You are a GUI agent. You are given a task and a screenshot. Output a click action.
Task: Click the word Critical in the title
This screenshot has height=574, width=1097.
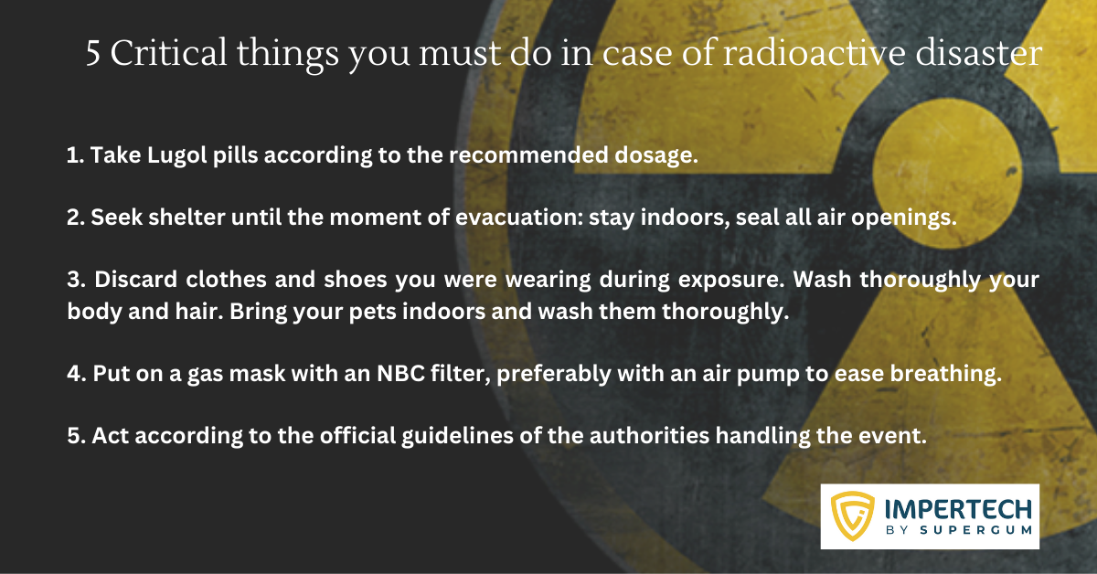click(168, 52)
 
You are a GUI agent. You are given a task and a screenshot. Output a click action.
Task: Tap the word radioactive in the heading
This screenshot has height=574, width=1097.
click(814, 52)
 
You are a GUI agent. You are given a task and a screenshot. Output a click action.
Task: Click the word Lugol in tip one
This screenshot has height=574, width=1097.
click(176, 155)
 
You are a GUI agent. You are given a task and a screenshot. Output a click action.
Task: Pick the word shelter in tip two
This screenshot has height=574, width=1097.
click(186, 218)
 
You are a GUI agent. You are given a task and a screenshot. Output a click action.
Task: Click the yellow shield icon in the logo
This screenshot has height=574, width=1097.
click(853, 516)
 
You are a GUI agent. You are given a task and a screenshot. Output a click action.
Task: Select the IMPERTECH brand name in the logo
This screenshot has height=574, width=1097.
click(958, 509)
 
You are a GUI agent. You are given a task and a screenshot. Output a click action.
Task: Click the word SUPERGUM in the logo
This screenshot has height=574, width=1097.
click(976, 530)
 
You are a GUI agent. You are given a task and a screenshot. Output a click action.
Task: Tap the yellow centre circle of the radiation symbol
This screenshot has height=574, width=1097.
click(948, 173)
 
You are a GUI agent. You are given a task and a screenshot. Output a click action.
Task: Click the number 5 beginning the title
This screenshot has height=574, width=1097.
click(93, 54)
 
